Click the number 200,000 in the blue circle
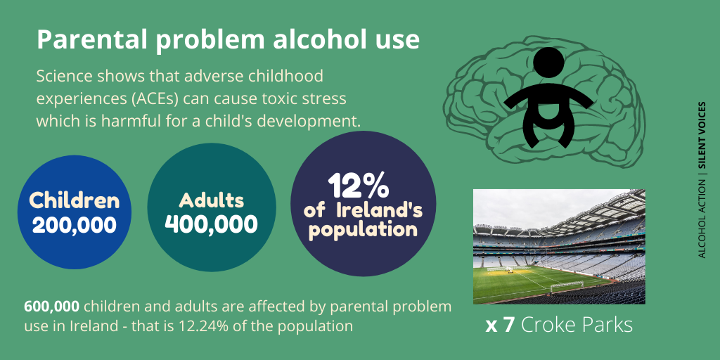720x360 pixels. [x=74, y=225]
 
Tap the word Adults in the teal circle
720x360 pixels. [x=211, y=200]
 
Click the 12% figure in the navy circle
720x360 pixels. [x=359, y=186]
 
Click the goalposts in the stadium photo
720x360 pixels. [x=567, y=285]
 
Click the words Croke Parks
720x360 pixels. [x=577, y=326]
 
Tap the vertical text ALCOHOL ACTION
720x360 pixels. [x=702, y=218]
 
